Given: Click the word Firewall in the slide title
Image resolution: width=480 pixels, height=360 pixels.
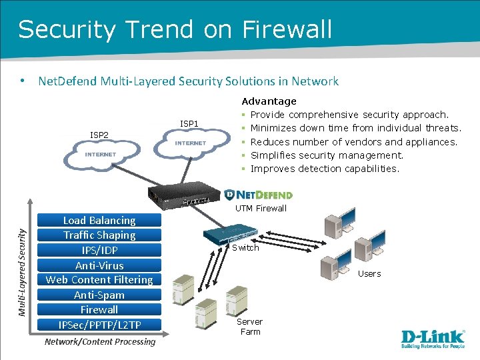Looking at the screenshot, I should point(287,29).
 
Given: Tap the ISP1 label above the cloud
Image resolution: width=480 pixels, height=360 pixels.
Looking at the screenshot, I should point(189,123).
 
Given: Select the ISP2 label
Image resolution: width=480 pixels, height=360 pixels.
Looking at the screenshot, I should point(99,135).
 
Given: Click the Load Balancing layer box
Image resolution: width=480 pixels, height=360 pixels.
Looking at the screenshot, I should point(99,221).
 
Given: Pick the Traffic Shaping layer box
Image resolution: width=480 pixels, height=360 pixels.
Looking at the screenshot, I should point(99,235).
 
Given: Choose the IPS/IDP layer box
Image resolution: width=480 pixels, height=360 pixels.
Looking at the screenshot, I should point(99,251).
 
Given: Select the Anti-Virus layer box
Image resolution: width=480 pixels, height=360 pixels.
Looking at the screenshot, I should point(99,265).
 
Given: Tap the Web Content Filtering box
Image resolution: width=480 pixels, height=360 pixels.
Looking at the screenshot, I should point(99,280).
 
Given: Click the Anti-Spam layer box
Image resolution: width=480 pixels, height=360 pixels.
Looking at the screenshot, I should point(99,295).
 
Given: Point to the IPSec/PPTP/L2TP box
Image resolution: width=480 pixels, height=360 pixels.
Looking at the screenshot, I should point(99,325).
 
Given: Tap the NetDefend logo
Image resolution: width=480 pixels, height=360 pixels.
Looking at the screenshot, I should point(259,195).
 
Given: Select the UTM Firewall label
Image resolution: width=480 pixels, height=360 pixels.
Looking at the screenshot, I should point(261,209).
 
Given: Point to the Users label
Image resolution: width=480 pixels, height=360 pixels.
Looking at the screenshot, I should point(369,273).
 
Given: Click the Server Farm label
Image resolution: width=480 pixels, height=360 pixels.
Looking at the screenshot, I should point(251,327).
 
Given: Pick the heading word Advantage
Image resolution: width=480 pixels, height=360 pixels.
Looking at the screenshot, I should point(269,101).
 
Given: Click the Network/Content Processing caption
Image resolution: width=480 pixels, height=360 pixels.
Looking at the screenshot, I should point(99,342).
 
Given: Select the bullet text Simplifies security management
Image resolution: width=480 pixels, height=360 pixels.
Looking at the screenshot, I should point(327,155).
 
